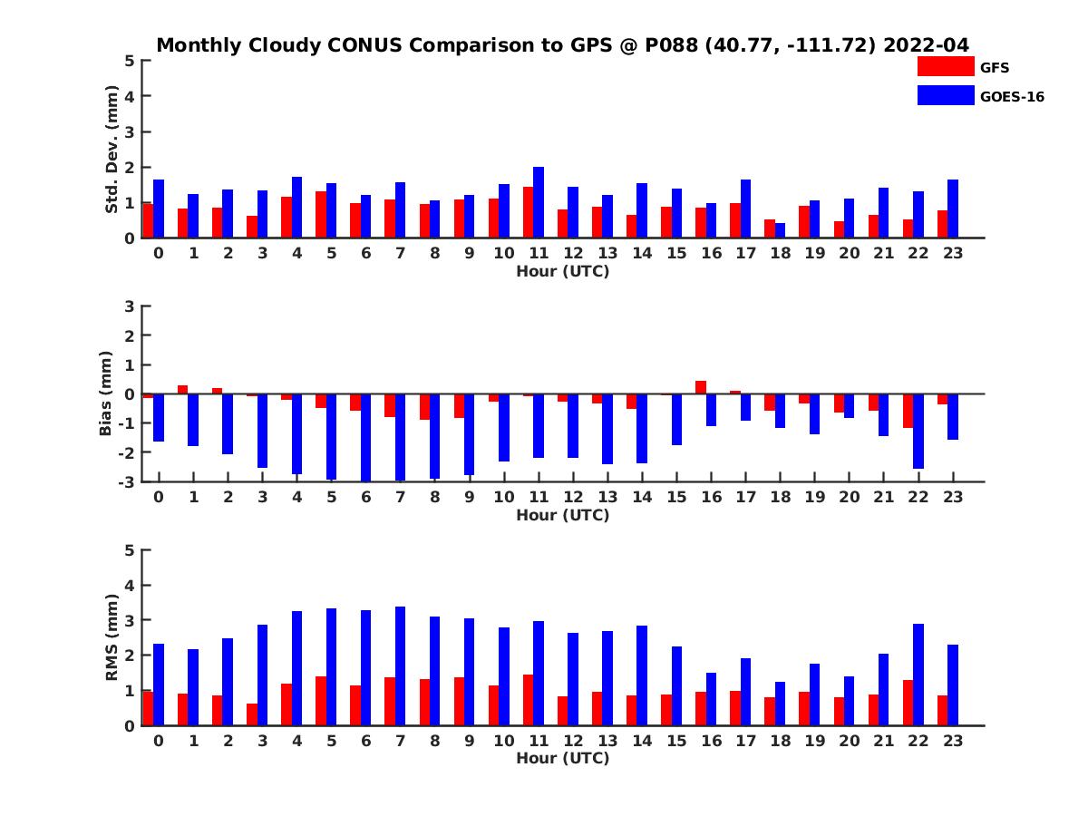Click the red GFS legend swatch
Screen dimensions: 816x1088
point(945,66)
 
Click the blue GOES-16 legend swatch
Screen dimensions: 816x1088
point(945,95)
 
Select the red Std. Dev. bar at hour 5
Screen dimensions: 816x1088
point(321,215)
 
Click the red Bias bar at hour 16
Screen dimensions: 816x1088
point(701,387)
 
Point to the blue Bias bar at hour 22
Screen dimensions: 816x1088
point(918,431)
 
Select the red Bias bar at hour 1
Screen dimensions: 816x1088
point(182,390)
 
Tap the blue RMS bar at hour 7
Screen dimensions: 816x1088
point(401,666)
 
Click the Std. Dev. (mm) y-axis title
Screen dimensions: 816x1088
point(112,150)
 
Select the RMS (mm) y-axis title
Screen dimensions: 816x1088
point(112,637)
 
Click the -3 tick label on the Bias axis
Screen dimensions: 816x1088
point(128,481)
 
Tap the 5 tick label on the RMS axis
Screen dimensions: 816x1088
point(130,550)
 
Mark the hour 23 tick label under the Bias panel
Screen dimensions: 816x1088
point(952,498)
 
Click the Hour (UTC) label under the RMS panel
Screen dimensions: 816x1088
point(562,759)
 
